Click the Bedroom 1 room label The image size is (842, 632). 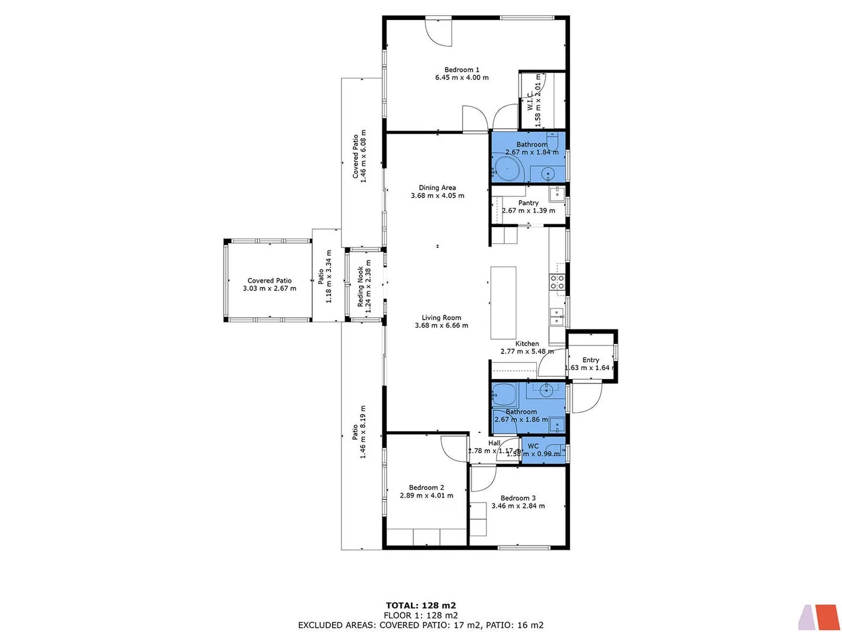[461, 70]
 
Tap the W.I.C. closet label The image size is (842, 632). [530, 100]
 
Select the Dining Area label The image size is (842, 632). [437, 188]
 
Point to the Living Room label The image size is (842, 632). [441, 318]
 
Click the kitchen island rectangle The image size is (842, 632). [503, 303]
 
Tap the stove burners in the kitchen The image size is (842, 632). [557, 282]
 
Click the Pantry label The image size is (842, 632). [528, 203]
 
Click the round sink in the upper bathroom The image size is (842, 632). [548, 173]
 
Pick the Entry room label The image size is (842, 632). [591, 360]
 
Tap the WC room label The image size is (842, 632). [533, 446]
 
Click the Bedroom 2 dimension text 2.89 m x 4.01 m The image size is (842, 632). [426, 496]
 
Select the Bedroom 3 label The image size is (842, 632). [517, 498]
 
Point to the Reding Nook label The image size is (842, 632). [361, 287]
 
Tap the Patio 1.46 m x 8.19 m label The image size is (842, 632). [355, 432]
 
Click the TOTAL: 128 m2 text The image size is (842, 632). [420, 606]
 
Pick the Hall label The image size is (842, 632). [494, 443]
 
